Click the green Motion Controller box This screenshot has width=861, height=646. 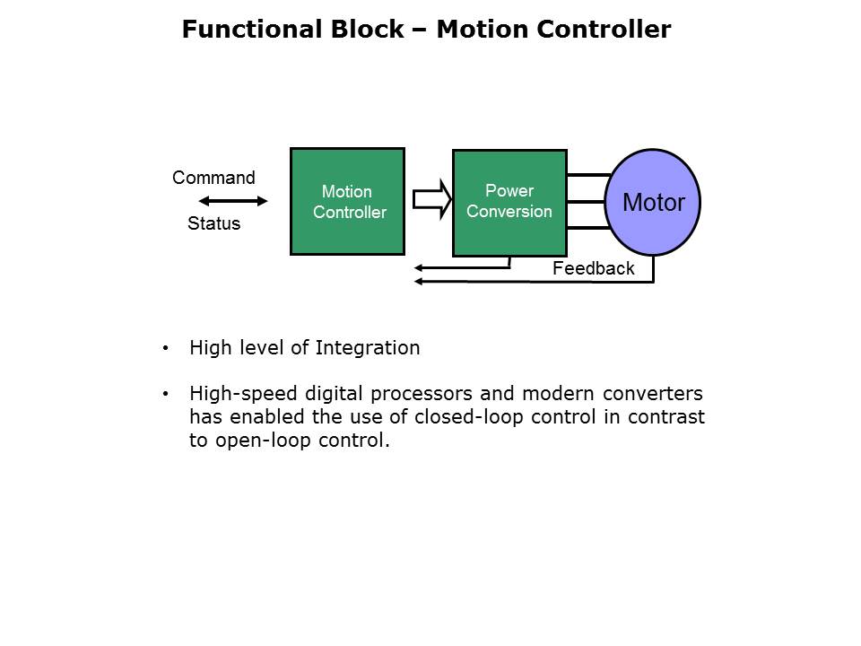(x=347, y=202)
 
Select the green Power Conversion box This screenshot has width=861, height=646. (x=509, y=203)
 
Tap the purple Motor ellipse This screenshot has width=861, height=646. (x=653, y=203)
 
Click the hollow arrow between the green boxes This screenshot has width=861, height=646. (x=431, y=199)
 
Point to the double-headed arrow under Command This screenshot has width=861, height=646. (x=233, y=200)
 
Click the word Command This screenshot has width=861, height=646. (x=213, y=178)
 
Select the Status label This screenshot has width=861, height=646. (x=213, y=224)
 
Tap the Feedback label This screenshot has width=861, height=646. (x=593, y=268)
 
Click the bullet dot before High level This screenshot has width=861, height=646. (x=165, y=348)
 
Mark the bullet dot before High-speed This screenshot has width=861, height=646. (x=165, y=394)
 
